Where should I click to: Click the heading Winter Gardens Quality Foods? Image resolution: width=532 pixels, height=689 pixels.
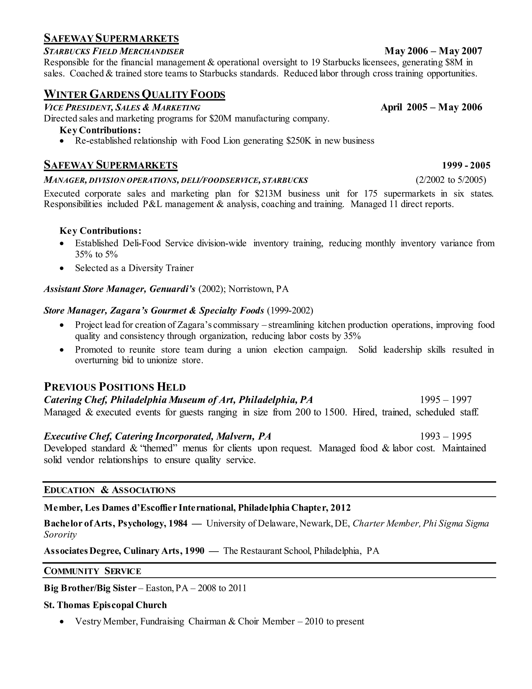pyautogui.click(x=134, y=94)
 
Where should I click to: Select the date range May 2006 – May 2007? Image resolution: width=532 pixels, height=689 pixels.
pyautogui.click(x=433, y=51)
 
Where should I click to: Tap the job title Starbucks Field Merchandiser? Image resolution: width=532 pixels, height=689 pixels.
pyautogui.click(x=114, y=51)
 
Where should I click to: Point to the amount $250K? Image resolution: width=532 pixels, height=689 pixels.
pyautogui.click(x=299, y=141)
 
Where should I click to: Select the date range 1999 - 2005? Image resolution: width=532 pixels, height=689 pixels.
pyautogui.click(x=466, y=165)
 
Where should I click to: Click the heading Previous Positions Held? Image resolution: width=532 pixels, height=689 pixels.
pyautogui.click(x=115, y=387)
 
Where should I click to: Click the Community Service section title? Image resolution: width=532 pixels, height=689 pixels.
pyautogui.click(x=92, y=571)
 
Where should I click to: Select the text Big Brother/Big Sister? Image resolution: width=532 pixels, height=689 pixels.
pyautogui.click(x=90, y=588)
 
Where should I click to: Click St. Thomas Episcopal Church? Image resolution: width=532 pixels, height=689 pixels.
pyautogui.click(x=105, y=605)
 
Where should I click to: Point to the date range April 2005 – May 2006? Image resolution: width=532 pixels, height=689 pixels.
pyautogui.click(x=431, y=107)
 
